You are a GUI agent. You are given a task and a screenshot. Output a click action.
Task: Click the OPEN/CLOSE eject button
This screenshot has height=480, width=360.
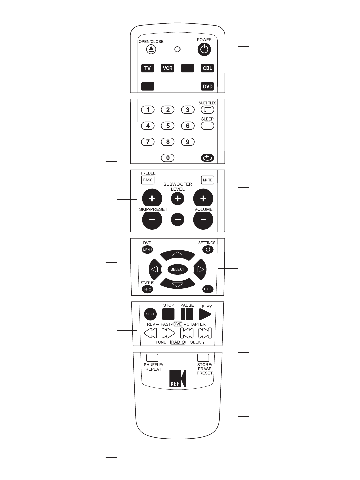click(x=151, y=49)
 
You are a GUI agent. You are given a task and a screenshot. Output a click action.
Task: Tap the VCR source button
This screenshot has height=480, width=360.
click(x=167, y=68)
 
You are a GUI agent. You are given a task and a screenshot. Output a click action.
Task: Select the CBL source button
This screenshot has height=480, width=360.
click(x=207, y=68)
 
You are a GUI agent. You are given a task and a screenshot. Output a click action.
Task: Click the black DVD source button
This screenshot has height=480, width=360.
click(x=207, y=86)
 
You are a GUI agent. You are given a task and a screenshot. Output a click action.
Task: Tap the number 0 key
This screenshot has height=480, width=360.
click(x=168, y=158)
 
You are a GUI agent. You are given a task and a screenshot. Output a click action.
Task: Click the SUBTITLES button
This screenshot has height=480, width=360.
click(x=207, y=110)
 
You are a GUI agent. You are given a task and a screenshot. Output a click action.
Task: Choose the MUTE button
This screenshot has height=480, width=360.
click(x=207, y=180)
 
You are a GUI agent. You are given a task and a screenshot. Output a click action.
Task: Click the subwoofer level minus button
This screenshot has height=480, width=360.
click(x=177, y=219)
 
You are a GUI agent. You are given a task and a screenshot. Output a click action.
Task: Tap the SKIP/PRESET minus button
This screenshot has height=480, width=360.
click(x=152, y=220)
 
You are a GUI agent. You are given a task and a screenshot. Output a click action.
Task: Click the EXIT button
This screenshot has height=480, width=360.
click(x=208, y=289)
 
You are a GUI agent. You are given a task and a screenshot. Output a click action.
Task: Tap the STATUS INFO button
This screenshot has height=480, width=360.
click(x=147, y=289)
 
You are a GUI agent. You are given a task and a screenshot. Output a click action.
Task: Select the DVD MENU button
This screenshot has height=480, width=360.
click(x=147, y=250)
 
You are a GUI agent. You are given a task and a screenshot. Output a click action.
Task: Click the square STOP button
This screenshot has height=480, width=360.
click(x=168, y=314)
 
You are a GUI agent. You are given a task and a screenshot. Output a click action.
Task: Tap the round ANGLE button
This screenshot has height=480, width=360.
click(x=150, y=314)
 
